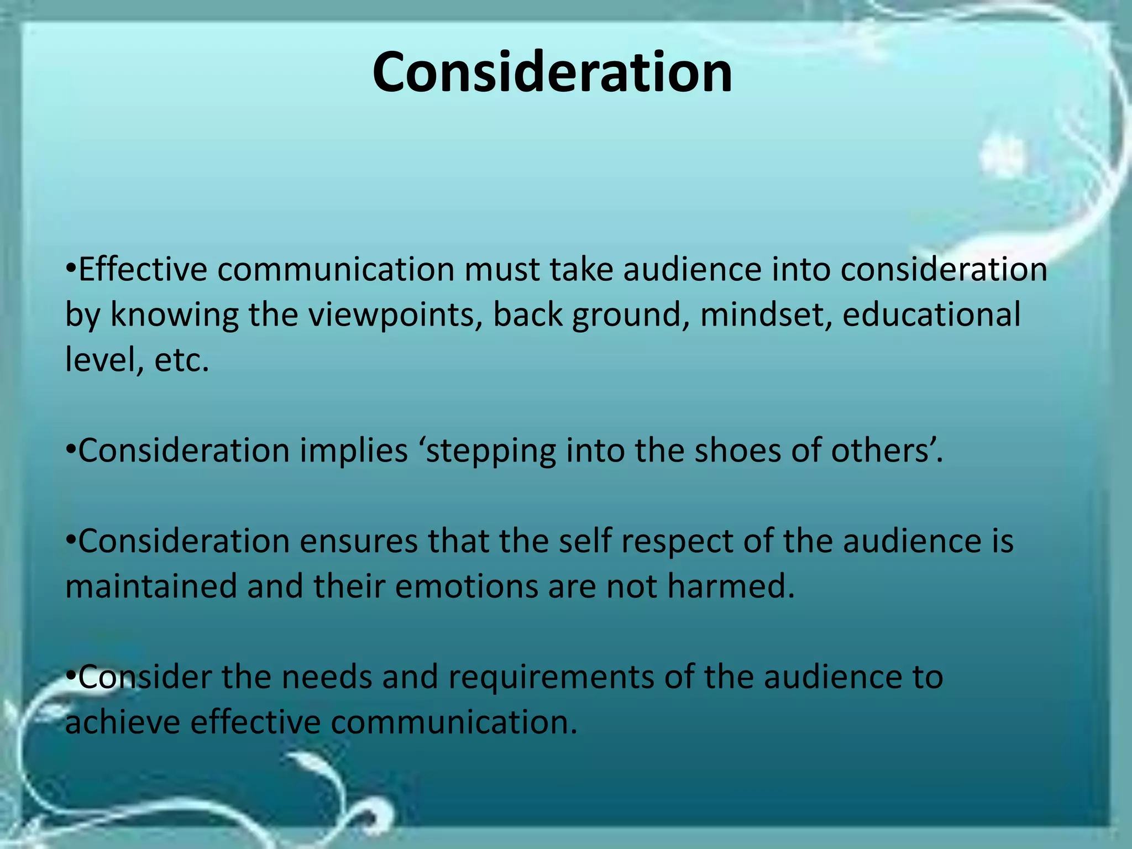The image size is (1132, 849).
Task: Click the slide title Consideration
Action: (x=552, y=72)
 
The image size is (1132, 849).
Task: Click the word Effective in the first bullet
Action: (x=142, y=270)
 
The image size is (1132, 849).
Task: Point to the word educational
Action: (x=931, y=315)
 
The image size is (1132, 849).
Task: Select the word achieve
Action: (x=123, y=722)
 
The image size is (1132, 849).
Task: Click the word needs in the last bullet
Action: (x=327, y=677)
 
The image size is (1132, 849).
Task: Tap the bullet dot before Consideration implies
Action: (x=70, y=450)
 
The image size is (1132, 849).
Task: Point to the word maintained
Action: (x=151, y=586)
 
